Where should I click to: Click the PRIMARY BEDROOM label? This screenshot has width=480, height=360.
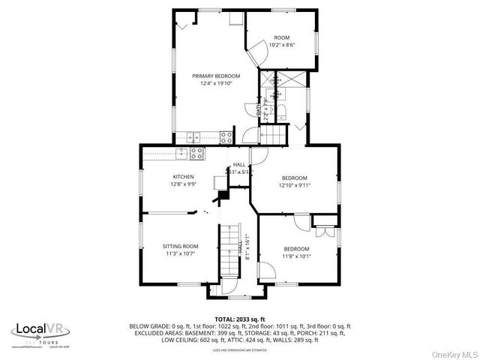[215, 76]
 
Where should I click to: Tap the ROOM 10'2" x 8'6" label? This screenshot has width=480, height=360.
[281, 37]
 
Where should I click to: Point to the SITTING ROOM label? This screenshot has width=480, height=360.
[181, 246]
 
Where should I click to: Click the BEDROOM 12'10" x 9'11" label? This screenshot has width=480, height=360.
[295, 178]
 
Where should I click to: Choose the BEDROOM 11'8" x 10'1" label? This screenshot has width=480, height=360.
[296, 249]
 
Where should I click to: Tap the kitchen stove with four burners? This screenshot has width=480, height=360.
[197, 153]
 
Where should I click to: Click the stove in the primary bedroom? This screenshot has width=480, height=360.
[226, 136]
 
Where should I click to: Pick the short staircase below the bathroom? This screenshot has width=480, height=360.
[274, 135]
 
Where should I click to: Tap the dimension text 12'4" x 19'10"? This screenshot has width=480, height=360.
[215, 83]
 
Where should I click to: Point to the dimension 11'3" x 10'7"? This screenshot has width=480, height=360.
[181, 253]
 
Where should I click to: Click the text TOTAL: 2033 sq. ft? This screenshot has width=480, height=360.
[240, 319]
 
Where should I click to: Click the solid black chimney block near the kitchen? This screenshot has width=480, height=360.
[223, 197]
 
